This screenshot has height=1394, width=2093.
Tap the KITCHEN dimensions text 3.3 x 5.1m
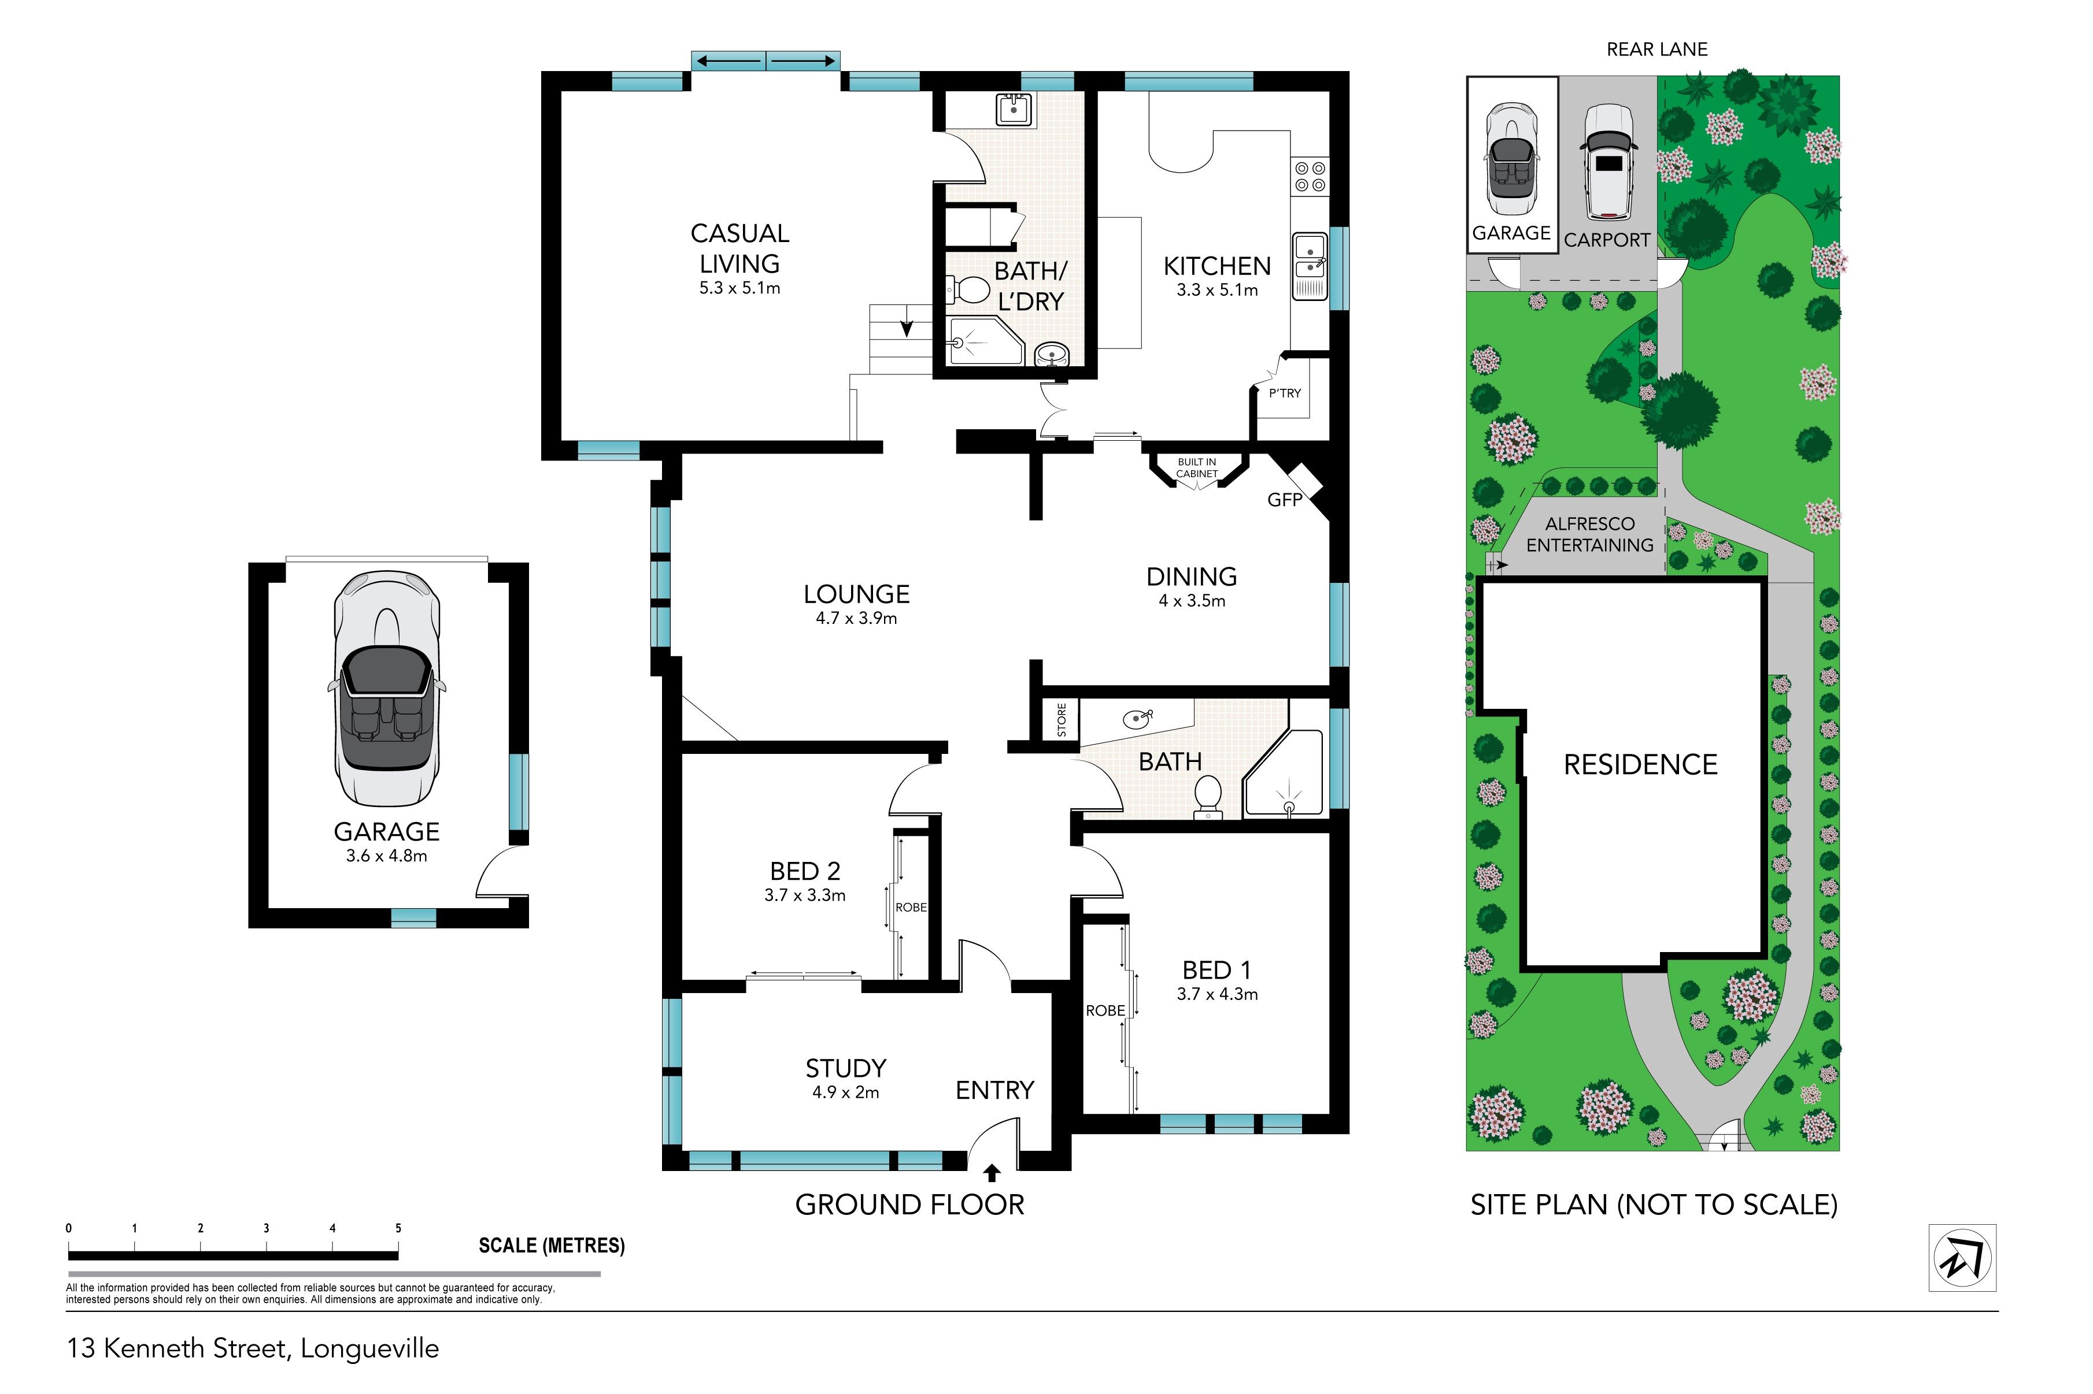1217,290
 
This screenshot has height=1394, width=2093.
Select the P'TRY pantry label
1285,393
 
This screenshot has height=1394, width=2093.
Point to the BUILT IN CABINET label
1196,467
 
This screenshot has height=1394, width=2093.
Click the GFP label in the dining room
1285,500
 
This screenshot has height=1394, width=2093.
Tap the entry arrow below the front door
992,1173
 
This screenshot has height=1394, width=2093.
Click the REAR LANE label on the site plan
1656,50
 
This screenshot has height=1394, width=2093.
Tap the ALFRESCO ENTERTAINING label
1589,534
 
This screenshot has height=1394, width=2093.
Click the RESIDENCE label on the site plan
1640,764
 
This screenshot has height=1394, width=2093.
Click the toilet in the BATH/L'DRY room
968,290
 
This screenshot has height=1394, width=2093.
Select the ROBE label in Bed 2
911,907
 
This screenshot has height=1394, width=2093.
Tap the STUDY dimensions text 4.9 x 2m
845,1092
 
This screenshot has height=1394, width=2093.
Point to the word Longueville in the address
370,1349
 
